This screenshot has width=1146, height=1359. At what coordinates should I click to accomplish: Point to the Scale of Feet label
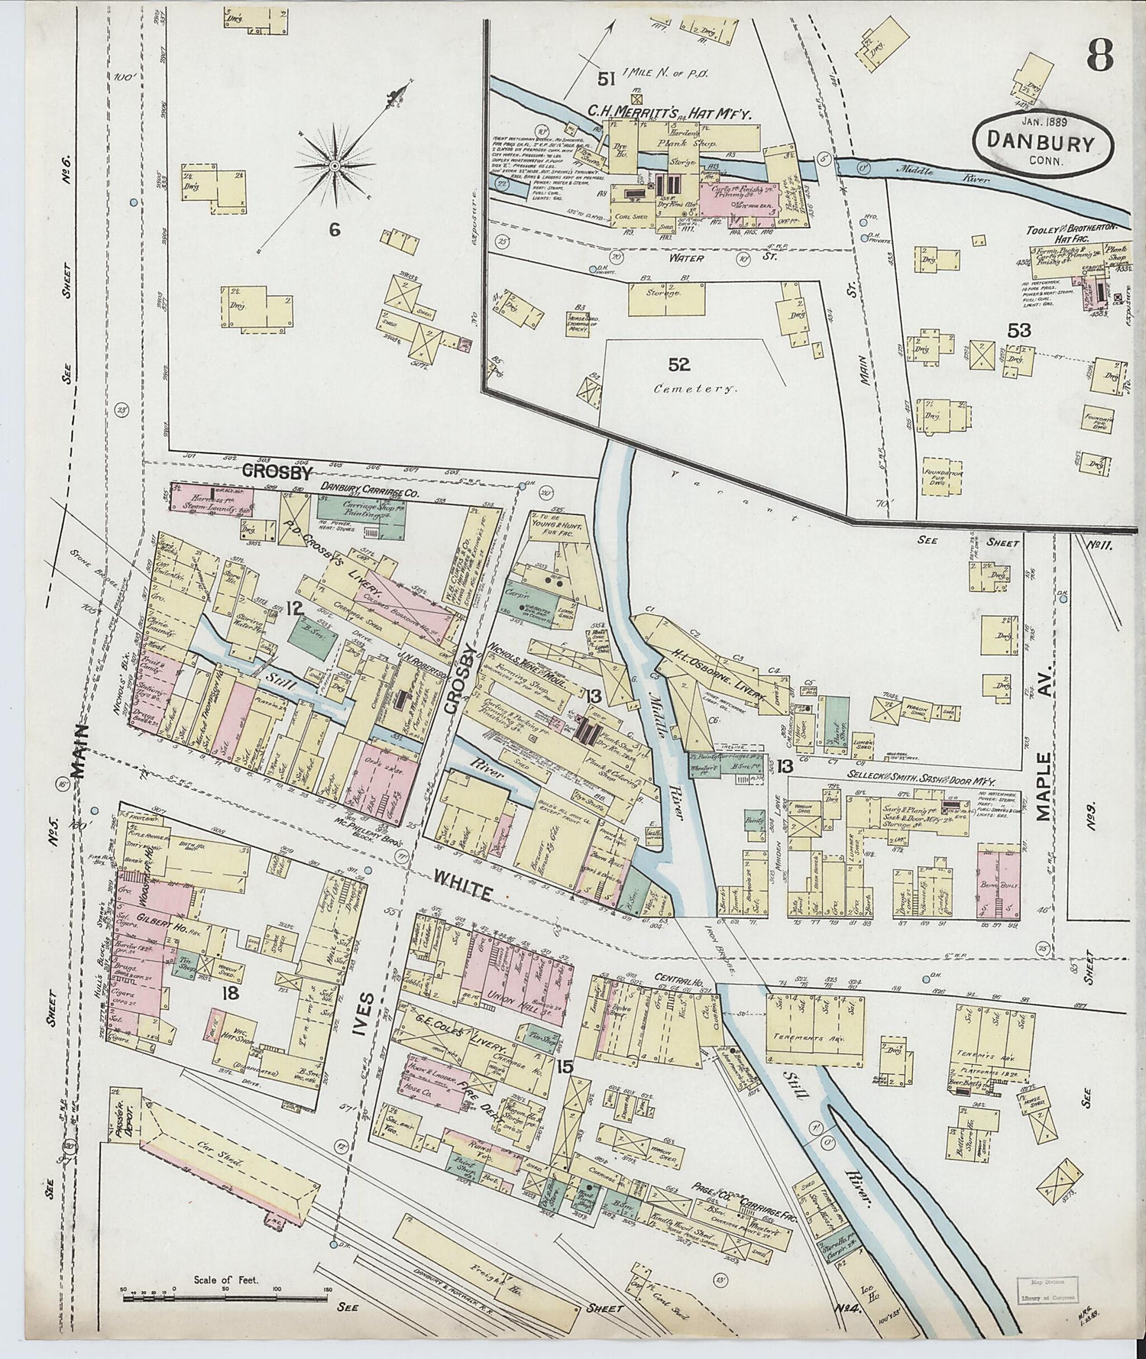(x=225, y=1279)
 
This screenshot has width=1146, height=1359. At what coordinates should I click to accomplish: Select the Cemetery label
(x=694, y=388)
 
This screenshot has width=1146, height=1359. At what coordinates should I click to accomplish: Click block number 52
(x=678, y=364)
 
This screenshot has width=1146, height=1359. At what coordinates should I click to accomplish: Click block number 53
(x=1018, y=331)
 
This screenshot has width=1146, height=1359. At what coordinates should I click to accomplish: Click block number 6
(x=334, y=228)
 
